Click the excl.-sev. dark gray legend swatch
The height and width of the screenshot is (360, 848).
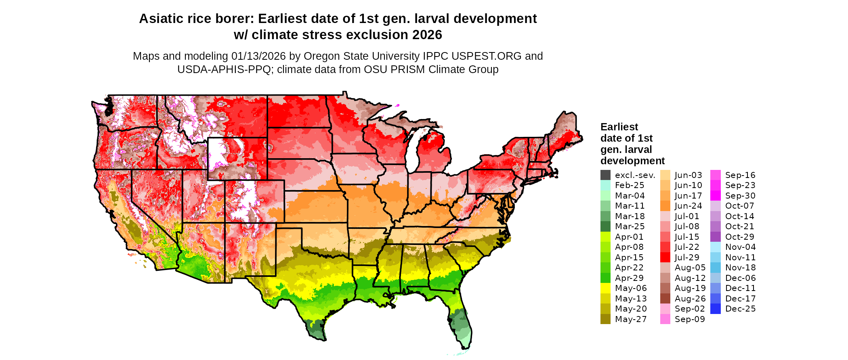coord(605,175)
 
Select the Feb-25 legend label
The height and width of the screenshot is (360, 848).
coord(630,185)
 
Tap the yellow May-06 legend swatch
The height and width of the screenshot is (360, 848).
coord(605,288)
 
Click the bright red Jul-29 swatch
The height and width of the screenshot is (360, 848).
coord(665,257)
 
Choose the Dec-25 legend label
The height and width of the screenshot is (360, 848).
coord(740,309)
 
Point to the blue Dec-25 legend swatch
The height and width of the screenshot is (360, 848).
coord(715,309)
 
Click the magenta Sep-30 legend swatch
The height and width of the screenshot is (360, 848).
coord(715,196)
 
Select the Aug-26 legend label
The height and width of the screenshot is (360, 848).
coord(690,299)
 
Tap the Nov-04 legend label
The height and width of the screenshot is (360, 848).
coord(740,247)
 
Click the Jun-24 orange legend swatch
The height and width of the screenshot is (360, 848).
coord(665,206)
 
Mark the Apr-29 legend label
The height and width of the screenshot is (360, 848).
coord(629,278)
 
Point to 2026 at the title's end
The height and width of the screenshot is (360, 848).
coord(427,35)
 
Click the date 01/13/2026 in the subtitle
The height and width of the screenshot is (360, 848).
coord(258,56)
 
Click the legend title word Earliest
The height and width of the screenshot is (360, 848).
coord(619,127)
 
